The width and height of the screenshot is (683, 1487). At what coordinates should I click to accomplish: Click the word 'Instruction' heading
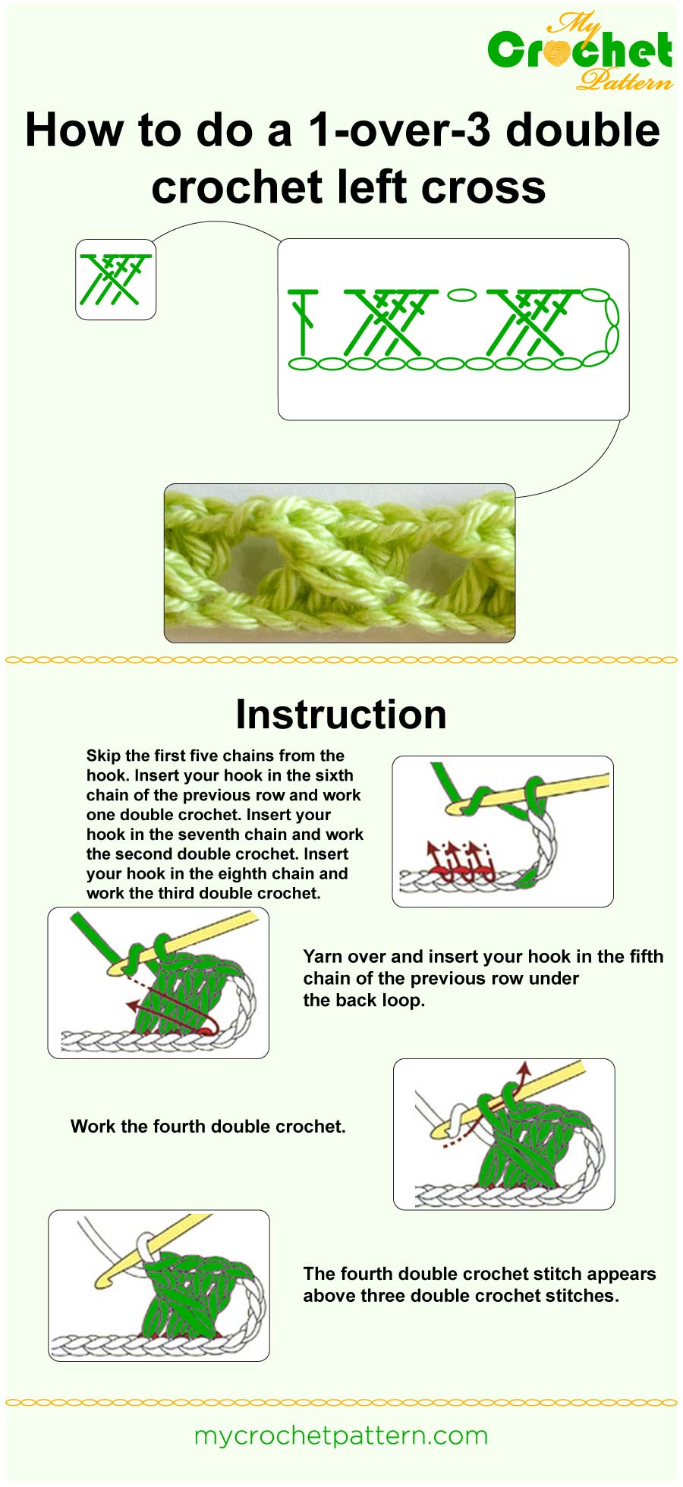(x=341, y=715)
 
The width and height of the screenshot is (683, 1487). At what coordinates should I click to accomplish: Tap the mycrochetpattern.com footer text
(x=341, y=1436)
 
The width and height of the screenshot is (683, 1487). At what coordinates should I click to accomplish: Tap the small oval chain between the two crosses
(x=461, y=294)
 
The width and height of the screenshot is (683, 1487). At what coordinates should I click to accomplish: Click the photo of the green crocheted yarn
(x=339, y=563)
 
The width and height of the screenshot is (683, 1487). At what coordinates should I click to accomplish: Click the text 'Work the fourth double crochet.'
(x=208, y=1127)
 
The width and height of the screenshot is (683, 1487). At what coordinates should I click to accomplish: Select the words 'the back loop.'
(x=364, y=1001)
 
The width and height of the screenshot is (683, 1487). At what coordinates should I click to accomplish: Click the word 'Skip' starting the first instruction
(x=103, y=756)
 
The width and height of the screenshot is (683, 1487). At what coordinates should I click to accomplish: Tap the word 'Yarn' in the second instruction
(x=322, y=957)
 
